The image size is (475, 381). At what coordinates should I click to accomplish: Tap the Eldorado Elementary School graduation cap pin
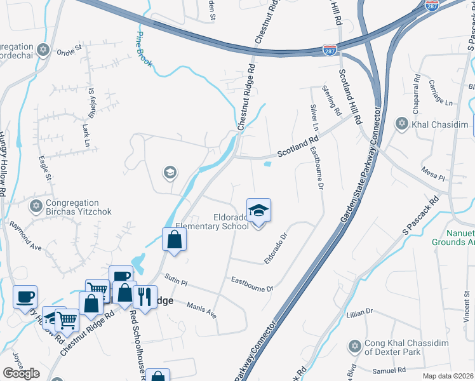point(258,210)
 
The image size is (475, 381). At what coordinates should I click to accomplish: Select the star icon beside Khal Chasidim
point(401,123)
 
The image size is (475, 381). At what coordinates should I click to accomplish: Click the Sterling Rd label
point(332,100)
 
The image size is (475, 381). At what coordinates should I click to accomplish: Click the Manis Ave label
point(202,310)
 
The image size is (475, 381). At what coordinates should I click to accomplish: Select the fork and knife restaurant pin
point(145,297)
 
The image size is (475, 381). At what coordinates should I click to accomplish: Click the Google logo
point(21,373)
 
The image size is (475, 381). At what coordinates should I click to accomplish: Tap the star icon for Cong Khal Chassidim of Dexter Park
point(354,346)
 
